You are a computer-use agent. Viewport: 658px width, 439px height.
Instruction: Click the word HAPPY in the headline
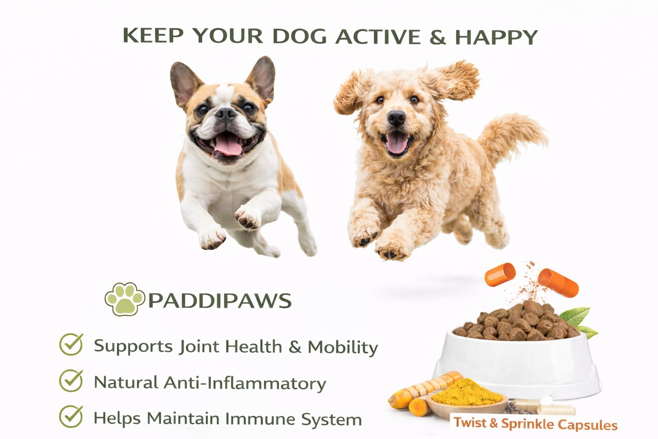496,37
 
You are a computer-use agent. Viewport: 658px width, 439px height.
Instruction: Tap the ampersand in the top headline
437,36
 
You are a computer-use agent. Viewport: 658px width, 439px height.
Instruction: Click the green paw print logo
125,299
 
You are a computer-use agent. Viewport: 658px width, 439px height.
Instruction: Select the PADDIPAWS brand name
220,301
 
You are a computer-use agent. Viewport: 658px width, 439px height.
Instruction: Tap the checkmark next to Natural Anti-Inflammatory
71,381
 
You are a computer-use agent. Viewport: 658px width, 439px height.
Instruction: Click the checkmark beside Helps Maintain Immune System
71,417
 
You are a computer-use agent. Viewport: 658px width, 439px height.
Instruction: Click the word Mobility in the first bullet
343,348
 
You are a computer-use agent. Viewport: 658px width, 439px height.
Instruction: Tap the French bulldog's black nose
225,114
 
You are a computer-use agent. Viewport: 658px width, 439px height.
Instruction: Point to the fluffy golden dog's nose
396,118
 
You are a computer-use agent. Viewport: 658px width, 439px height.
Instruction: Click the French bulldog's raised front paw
247,217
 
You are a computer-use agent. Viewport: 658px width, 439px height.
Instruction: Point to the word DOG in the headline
299,37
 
